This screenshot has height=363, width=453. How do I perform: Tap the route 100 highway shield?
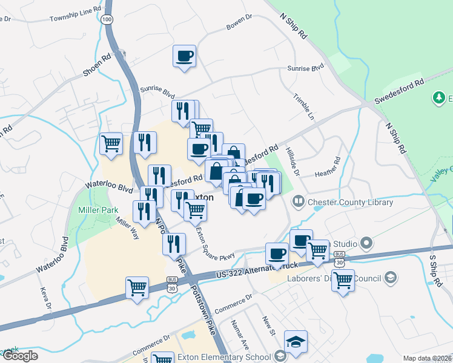(107, 20)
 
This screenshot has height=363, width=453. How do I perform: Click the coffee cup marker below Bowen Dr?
(185, 57)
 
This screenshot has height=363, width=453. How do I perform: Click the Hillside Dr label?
(294, 162)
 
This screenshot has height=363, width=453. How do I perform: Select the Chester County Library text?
(350, 202)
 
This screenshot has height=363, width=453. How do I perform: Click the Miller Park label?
(95, 210)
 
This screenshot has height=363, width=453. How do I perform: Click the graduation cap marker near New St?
(296, 342)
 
